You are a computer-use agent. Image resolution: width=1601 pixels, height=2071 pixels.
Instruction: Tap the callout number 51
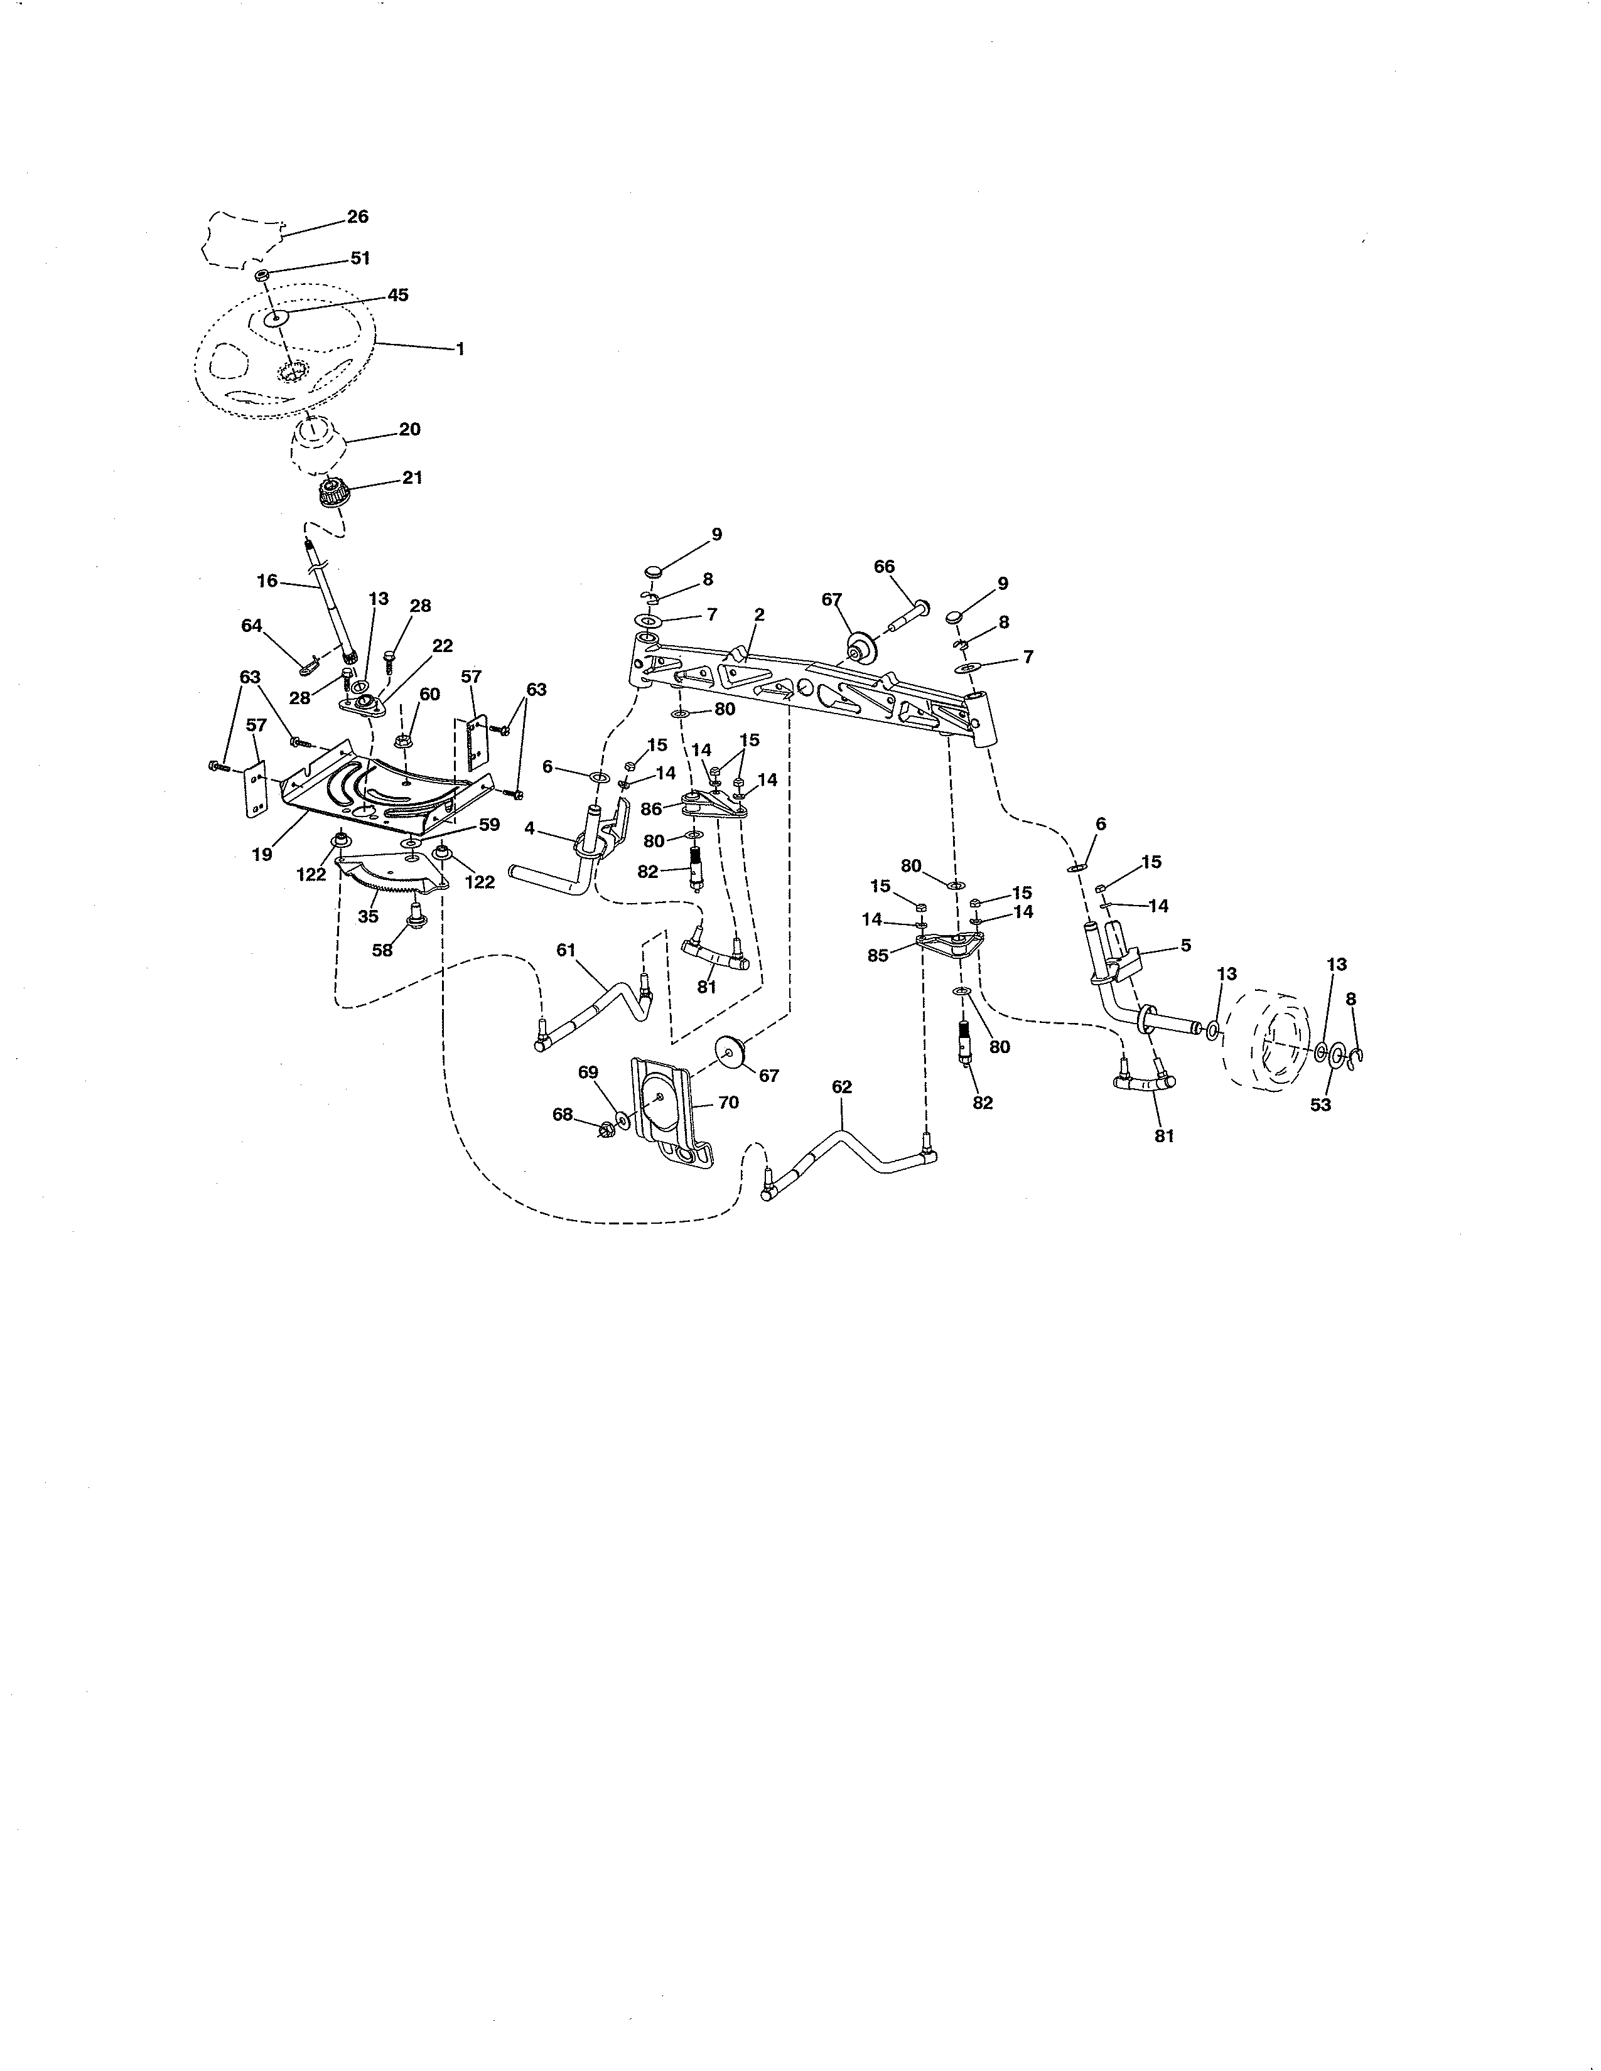360,258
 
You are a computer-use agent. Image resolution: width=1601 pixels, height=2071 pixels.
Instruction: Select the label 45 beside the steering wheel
397,295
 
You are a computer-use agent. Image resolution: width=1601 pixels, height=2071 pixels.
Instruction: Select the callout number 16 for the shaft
267,581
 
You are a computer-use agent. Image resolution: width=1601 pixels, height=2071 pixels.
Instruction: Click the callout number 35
368,917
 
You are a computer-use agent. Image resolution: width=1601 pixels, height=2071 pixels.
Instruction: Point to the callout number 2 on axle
759,614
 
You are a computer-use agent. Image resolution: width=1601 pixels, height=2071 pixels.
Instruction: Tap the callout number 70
728,1102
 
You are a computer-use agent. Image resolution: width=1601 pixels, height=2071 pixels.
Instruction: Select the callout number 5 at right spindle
1185,945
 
